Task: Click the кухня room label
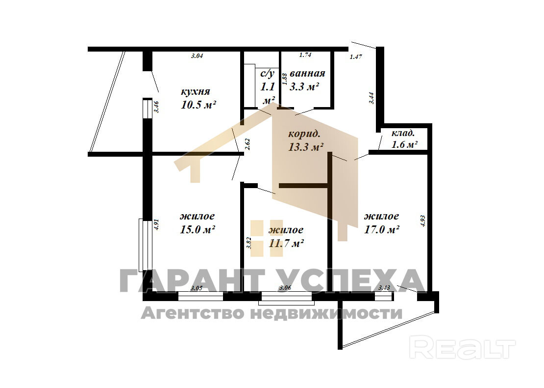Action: [x=196, y=91]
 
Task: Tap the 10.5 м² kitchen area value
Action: [x=198, y=105]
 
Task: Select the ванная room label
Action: [x=307, y=73]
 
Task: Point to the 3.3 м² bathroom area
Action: [x=304, y=86]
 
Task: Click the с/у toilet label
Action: [x=268, y=73]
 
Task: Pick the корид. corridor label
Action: [x=304, y=134]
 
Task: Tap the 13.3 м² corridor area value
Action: [x=306, y=147]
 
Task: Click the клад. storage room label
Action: [x=403, y=133]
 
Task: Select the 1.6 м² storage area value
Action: [x=404, y=144]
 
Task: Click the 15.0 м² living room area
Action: [x=198, y=229]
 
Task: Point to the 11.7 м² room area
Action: [x=286, y=243]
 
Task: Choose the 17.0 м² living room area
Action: [x=382, y=229]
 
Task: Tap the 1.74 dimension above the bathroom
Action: [x=305, y=55]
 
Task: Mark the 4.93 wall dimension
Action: [x=422, y=221]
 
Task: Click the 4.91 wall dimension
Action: [x=156, y=224]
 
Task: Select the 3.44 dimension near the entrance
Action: [x=371, y=98]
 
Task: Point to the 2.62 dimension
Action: [x=247, y=144]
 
